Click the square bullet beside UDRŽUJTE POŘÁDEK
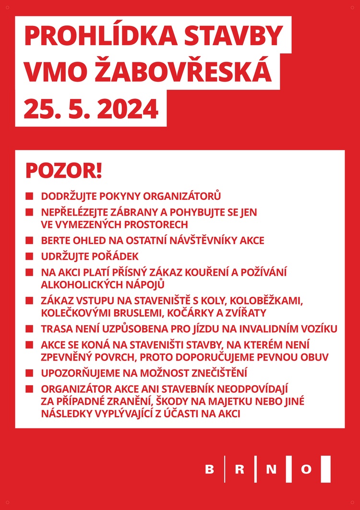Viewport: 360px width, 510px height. click(x=30, y=256)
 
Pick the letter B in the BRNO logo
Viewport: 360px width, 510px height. click(x=210, y=469)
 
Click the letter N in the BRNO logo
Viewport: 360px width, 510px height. click(x=271, y=469)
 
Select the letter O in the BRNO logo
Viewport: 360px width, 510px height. click(x=306, y=469)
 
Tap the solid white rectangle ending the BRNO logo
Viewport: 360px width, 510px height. click(x=325, y=469)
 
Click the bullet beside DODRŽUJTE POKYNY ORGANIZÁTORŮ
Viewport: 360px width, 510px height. click(x=30, y=196)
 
